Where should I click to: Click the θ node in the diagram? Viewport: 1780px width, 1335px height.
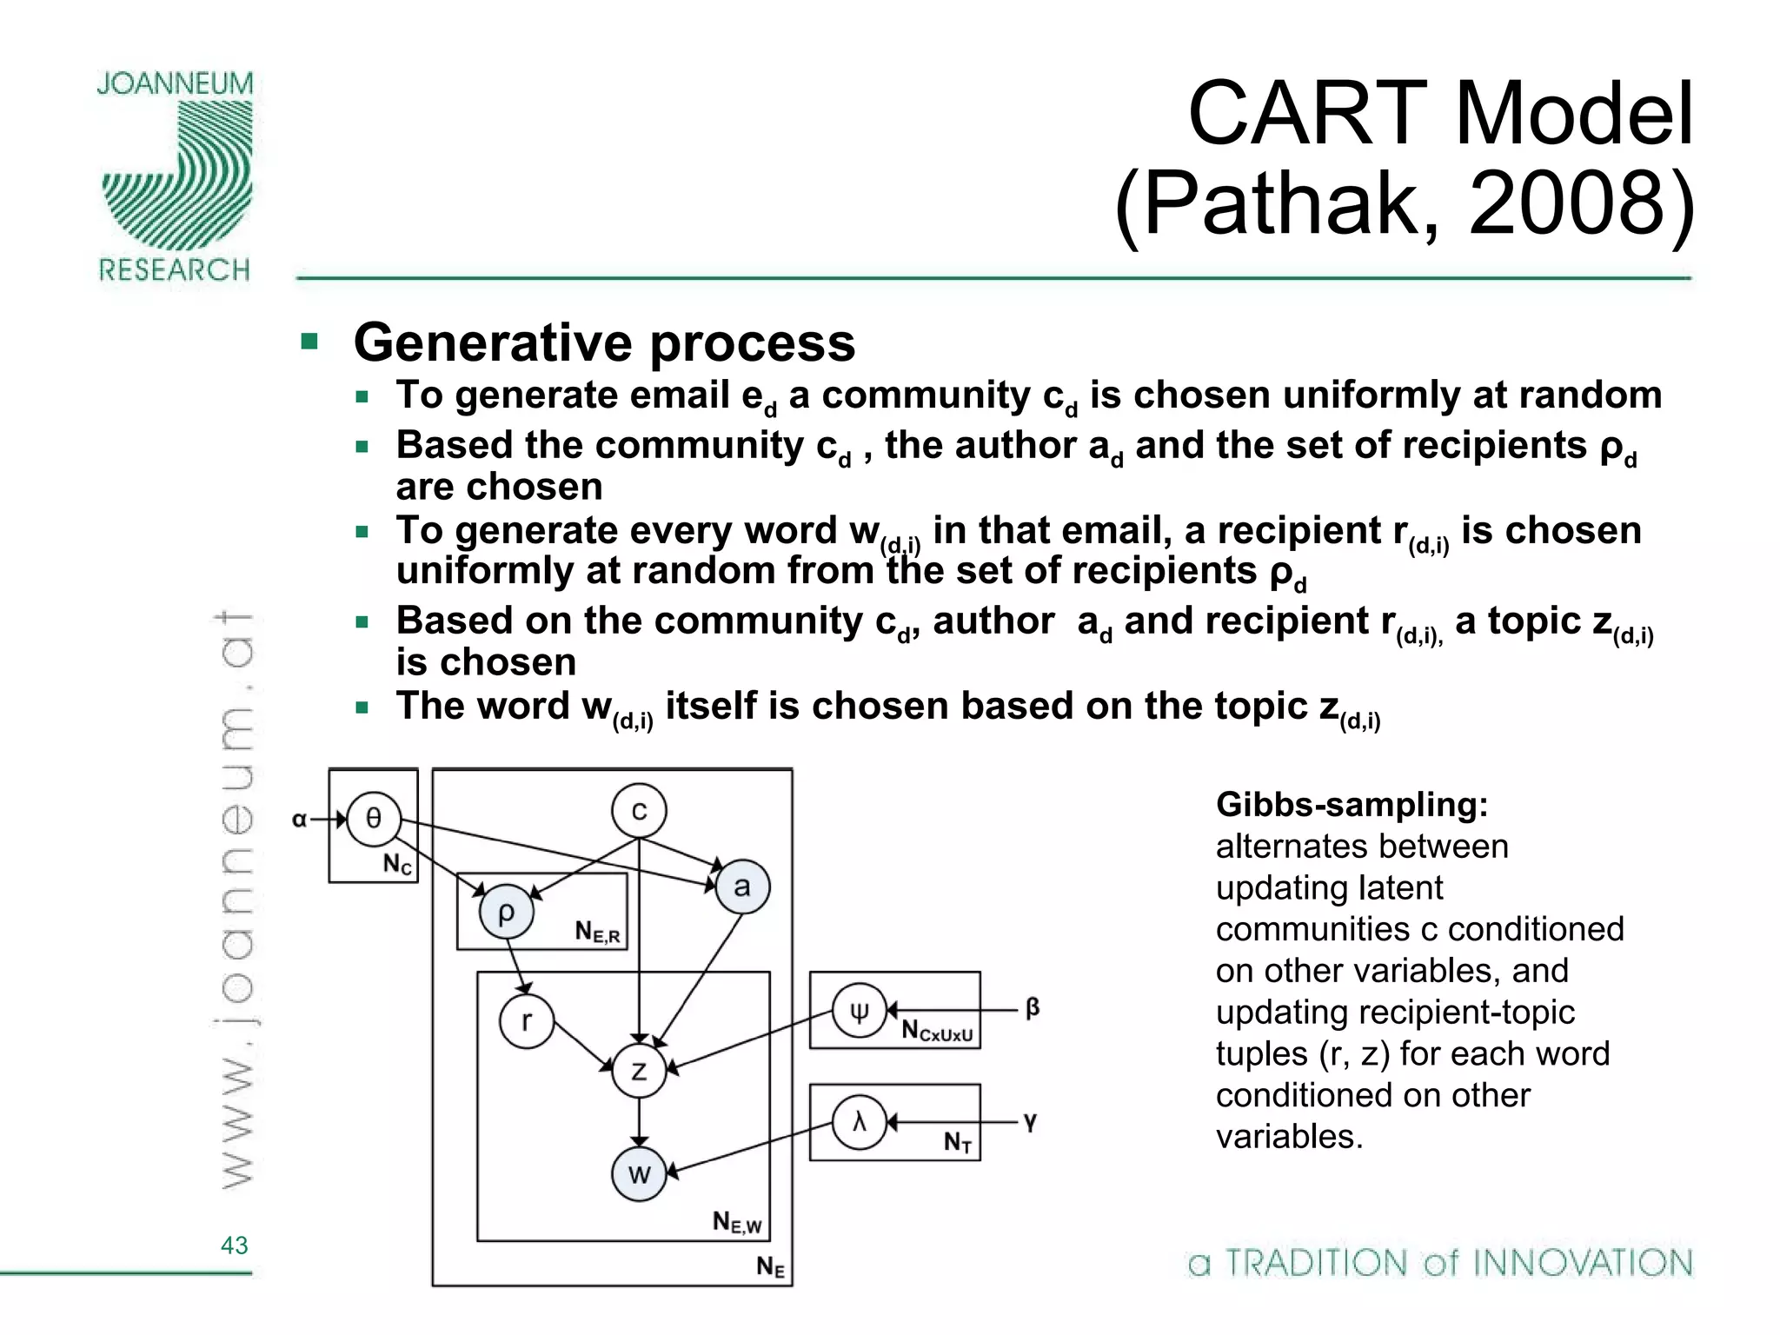[x=373, y=819]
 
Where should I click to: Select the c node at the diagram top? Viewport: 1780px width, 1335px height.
[x=639, y=811]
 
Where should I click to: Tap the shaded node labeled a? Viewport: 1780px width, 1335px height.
[x=742, y=887]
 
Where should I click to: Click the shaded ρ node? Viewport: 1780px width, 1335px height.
[x=506, y=912]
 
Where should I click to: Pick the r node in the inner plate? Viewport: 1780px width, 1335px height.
[x=527, y=1020]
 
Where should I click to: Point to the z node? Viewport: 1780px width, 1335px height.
[x=639, y=1071]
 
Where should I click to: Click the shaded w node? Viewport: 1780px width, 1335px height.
[x=639, y=1174]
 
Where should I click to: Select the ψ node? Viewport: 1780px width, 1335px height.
[x=859, y=1011]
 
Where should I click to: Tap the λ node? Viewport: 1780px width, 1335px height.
[x=859, y=1122]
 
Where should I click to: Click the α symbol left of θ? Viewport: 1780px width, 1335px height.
[x=300, y=819]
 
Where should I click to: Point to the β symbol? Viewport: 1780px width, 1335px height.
[x=1033, y=1008]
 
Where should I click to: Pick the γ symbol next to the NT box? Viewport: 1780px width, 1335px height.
[x=1030, y=1121]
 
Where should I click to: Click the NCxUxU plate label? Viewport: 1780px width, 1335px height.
[x=936, y=1032]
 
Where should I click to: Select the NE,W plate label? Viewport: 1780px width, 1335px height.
[x=736, y=1222]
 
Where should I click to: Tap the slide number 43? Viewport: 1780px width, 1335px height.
[x=235, y=1245]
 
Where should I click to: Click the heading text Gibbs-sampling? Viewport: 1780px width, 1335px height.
[x=1352, y=805]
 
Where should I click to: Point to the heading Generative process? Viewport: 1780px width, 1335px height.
[x=604, y=342]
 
